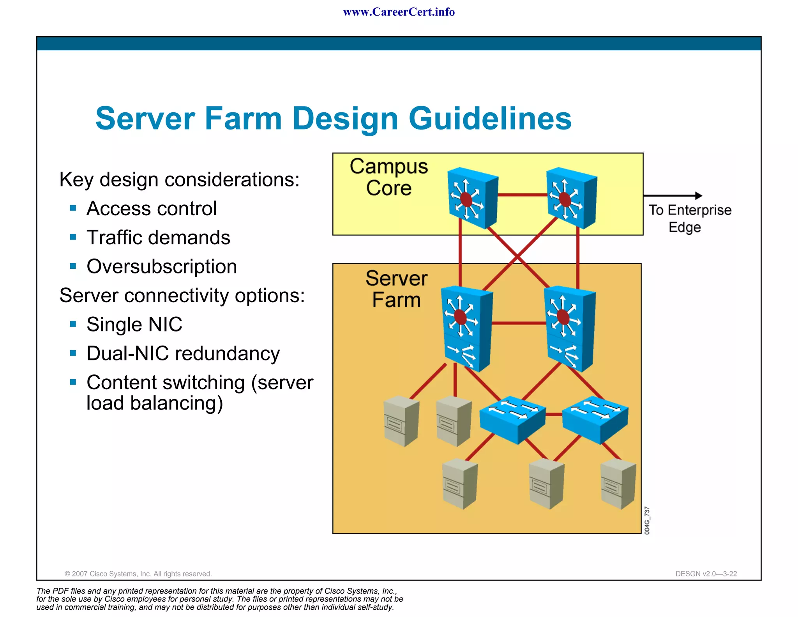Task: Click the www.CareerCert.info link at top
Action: coord(399,12)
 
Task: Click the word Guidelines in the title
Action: coord(490,119)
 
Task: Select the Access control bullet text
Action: coord(152,209)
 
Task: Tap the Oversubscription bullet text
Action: coord(162,267)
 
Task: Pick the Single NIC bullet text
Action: coord(134,324)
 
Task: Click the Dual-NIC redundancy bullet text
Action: coord(183,354)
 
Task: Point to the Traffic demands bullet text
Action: coord(158,238)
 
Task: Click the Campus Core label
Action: coord(388,177)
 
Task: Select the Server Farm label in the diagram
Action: coord(396,289)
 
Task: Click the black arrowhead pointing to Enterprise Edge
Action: coord(698,196)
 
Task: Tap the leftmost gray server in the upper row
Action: coord(401,421)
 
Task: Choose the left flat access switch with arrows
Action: coord(512,420)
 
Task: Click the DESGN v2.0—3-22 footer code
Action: coord(706,574)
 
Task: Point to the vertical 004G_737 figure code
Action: coord(647,521)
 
